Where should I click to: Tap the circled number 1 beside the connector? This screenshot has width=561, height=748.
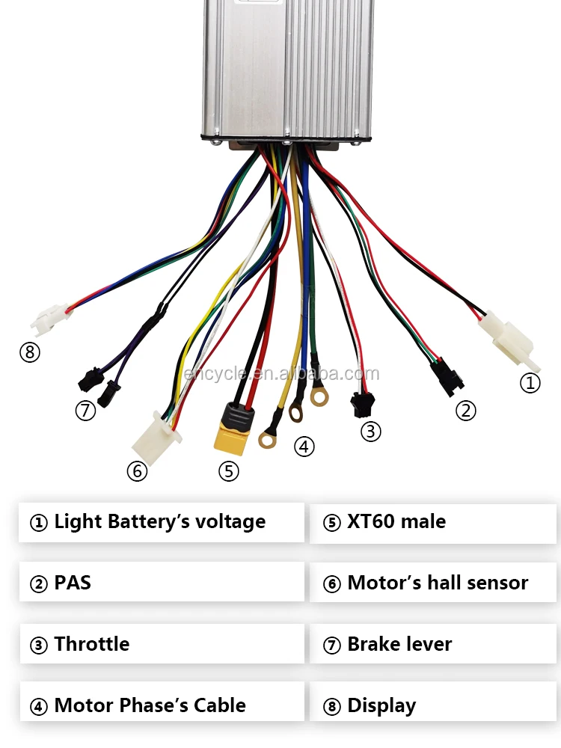point(530,383)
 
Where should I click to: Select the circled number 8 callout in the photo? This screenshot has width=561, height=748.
point(29,352)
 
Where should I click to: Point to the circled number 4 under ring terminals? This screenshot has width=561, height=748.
point(304,447)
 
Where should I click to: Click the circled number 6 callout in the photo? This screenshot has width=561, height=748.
point(136,471)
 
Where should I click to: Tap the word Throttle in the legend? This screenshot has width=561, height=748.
point(91,644)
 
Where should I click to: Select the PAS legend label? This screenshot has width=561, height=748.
point(73,583)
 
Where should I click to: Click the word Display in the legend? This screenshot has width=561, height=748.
point(381,705)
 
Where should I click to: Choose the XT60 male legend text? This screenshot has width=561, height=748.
point(396,521)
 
